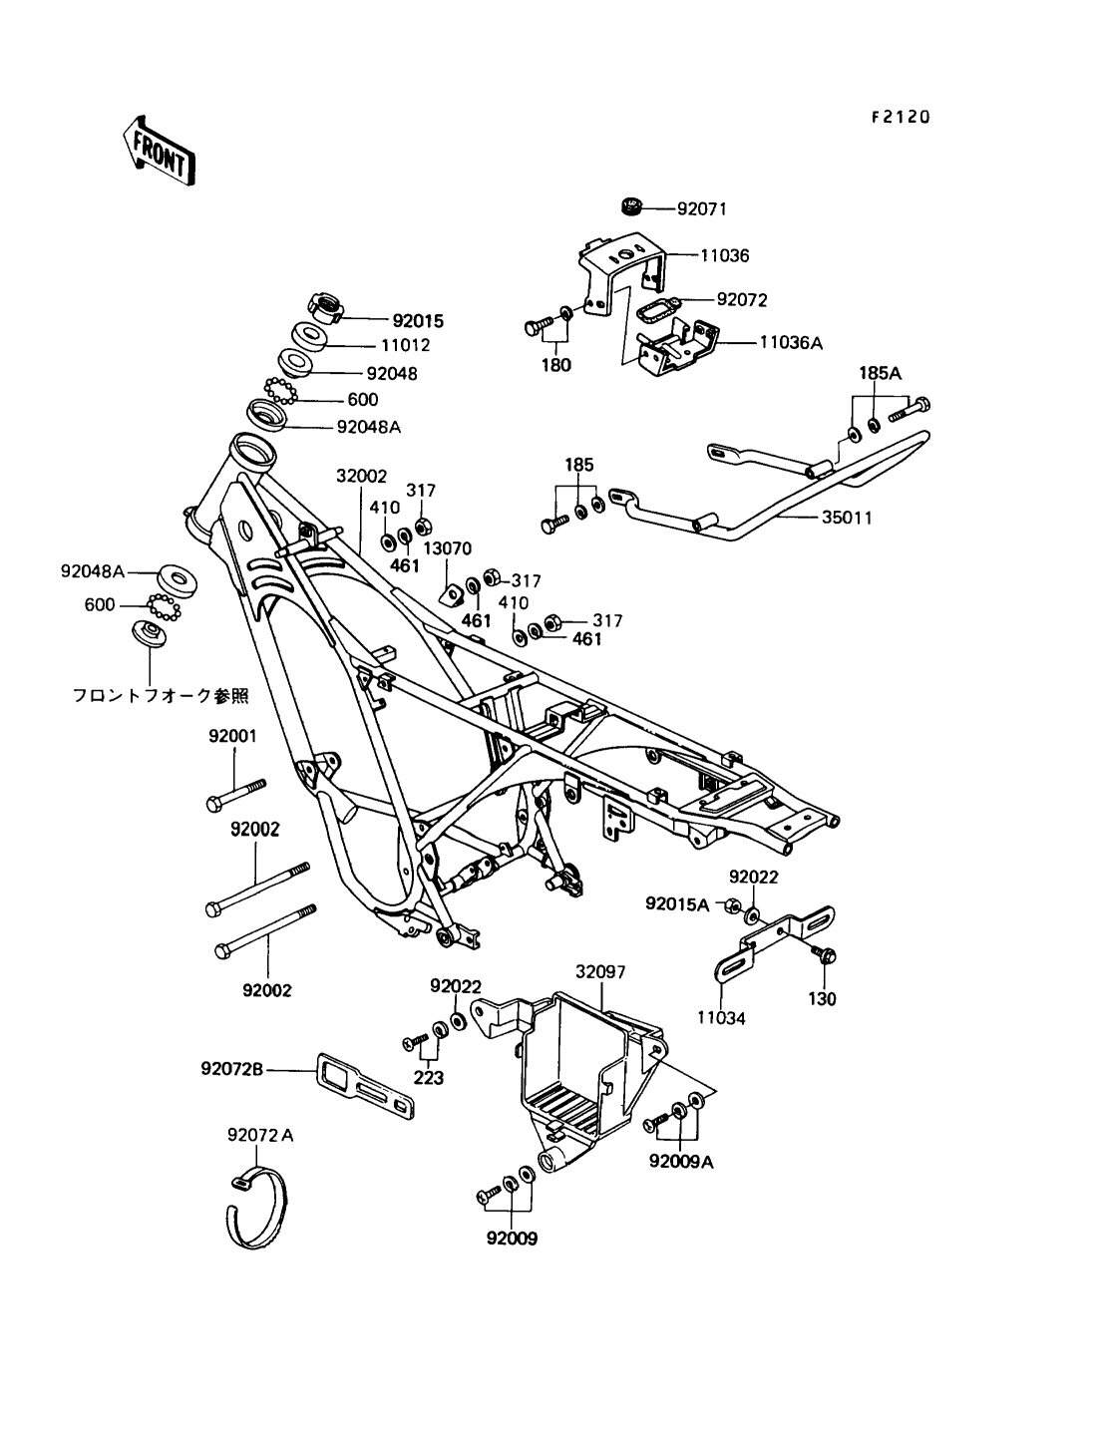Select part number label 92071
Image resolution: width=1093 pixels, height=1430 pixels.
pos(702,209)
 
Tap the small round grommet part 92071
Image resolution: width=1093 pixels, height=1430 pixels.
pos(628,207)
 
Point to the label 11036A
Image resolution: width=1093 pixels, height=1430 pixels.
pos(791,342)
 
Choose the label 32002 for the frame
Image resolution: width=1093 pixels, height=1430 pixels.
pos(361,478)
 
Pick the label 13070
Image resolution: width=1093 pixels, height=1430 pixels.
pos(447,547)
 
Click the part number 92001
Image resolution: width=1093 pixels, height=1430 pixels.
pos(232,737)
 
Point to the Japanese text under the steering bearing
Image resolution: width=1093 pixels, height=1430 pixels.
pos(160,694)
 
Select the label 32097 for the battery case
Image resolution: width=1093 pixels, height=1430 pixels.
pos(600,971)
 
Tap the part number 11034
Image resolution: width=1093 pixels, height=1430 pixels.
pos(721,1018)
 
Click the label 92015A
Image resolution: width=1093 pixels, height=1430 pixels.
pos(677,904)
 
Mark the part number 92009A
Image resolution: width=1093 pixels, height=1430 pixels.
pos(682,1162)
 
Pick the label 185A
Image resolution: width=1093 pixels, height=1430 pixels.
pos(881,374)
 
